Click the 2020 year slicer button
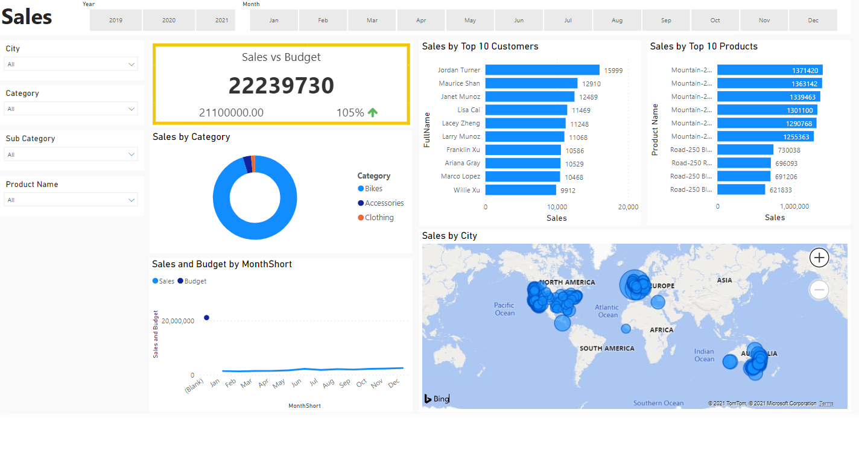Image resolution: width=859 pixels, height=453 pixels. (x=169, y=20)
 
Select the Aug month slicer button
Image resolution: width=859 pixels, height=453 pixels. (x=617, y=20)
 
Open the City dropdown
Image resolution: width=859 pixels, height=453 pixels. (x=71, y=64)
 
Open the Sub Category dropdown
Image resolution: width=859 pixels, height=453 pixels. (x=71, y=154)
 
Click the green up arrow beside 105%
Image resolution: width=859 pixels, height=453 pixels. (x=373, y=112)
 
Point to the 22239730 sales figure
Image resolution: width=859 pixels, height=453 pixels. (x=281, y=86)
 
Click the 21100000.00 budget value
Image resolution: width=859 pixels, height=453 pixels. (x=231, y=113)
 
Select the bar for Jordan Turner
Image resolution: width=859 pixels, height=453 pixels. (x=542, y=70)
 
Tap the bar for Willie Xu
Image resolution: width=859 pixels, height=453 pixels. (x=521, y=190)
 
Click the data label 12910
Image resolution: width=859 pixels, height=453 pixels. (x=591, y=84)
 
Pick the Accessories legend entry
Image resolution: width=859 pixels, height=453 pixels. (x=384, y=203)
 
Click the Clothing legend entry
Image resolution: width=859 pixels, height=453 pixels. (x=379, y=218)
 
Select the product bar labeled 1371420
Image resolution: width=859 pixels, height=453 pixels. (x=770, y=70)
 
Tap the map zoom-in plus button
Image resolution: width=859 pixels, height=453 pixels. (x=819, y=258)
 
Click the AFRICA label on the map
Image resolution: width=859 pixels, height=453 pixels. (x=661, y=330)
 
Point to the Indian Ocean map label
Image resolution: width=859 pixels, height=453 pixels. (x=704, y=355)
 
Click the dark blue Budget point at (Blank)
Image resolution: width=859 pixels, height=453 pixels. (x=206, y=317)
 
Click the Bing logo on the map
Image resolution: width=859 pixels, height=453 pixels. (x=436, y=399)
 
